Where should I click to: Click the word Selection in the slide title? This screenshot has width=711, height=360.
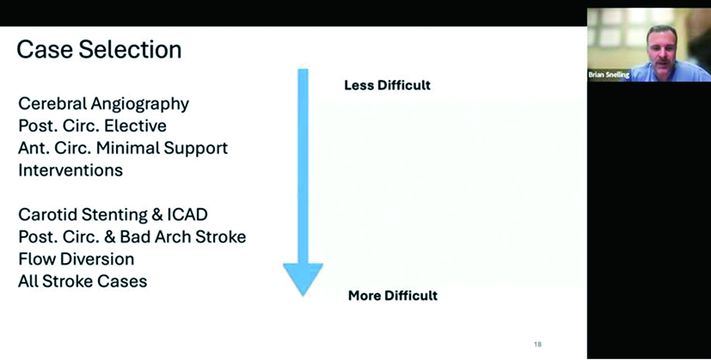coord(130,50)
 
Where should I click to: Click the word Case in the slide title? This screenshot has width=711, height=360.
coord(44,50)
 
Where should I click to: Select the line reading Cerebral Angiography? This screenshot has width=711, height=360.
coord(103,104)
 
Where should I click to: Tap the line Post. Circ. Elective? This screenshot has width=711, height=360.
coord(92,125)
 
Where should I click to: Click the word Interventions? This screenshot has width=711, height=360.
coord(70,170)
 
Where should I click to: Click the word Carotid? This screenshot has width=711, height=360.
coord(47,215)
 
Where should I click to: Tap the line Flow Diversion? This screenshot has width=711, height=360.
coord(77,259)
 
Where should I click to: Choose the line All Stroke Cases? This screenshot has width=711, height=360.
coord(83,281)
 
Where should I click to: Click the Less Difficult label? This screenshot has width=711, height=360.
coord(387,85)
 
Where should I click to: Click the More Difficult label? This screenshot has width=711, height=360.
coord(393,296)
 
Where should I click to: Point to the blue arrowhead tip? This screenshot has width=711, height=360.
coord(303,296)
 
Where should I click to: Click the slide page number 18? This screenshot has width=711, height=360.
coord(538,345)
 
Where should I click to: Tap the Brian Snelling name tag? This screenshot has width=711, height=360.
coord(609,75)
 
